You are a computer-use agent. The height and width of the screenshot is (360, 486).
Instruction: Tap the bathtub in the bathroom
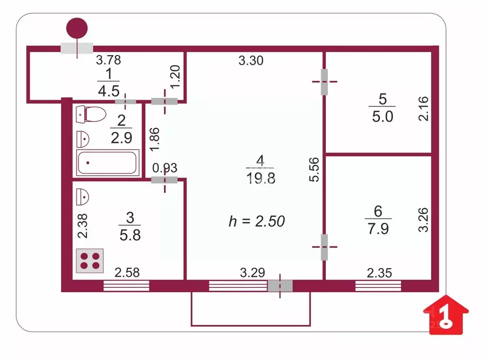[x=108, y=163]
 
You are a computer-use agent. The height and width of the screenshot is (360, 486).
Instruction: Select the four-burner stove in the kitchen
[x=90, y=261]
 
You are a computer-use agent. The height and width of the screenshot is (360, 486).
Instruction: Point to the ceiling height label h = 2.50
[x=257, y=221]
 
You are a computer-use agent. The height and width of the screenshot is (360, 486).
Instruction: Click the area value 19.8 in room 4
[x=260, y=178]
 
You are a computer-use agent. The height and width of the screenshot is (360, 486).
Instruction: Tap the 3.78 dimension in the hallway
[x=108, y=60]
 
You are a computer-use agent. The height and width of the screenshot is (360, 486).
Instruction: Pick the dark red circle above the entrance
[x=77, y=28]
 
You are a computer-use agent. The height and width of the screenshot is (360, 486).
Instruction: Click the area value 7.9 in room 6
[x=378, y=229]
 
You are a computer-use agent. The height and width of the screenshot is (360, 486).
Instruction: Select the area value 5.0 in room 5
[x=383, y=116]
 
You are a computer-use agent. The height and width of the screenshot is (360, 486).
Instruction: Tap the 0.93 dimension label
[x=164, y=168]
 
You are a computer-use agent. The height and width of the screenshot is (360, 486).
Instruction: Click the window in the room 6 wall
[x=378, y=285]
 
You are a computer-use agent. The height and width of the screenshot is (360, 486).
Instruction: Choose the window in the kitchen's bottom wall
[x=126, y=285]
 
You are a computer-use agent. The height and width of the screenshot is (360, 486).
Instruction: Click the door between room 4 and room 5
[x=324, y=82]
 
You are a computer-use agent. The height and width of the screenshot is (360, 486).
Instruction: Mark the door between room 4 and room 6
[x=324, y=247]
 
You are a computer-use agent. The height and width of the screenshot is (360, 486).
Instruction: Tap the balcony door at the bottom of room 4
[x=280, y=285]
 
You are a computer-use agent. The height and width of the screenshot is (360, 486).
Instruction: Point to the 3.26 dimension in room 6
[x=424, y=220]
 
